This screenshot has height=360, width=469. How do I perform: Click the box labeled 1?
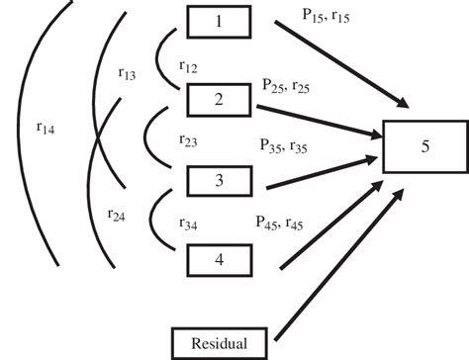220,21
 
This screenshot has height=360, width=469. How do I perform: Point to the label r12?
188,66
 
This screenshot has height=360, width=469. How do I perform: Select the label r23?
188,141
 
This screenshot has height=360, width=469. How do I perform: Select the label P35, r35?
284,145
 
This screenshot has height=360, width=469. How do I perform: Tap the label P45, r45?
282,224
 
